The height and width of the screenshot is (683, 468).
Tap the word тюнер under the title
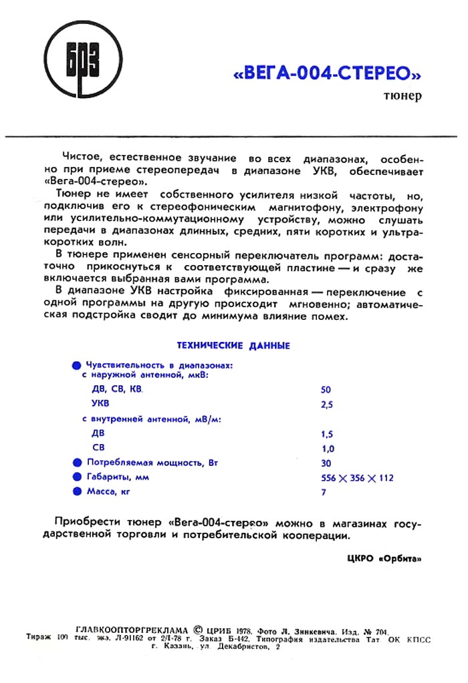(x=402, y=96)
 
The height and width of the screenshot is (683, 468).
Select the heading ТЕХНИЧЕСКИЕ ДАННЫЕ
(x=233, y=346)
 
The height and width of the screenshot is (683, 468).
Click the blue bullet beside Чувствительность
(x=76, y=366)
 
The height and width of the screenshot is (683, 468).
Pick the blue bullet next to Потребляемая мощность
(x=76, y=462)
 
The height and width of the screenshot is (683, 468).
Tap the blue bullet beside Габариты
(x=76, y=477)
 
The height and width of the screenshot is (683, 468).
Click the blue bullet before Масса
(x=76, y=492)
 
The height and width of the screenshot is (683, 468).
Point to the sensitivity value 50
(x=326, y=389)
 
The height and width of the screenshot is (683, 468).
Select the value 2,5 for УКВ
(x=327, y=405)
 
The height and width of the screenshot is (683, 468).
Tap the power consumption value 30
(x=326, y=463)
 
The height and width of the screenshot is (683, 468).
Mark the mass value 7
(x=324, y=493)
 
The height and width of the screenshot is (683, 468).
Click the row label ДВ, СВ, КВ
(x=117, y=389)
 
